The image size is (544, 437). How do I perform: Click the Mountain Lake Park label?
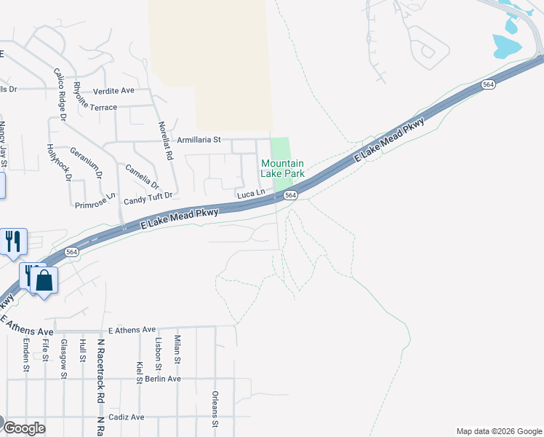click(282, 169)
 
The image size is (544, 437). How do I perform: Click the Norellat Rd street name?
click(166, 141)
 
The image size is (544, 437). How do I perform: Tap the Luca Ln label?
click(250, 194)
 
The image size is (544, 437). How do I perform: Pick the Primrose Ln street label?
click(95, 201)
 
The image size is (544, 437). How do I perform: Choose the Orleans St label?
click(215, 408)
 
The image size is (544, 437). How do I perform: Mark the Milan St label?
click(177, 350)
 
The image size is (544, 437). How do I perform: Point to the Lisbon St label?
click(158, 350)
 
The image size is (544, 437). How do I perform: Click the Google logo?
click(24, 428)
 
